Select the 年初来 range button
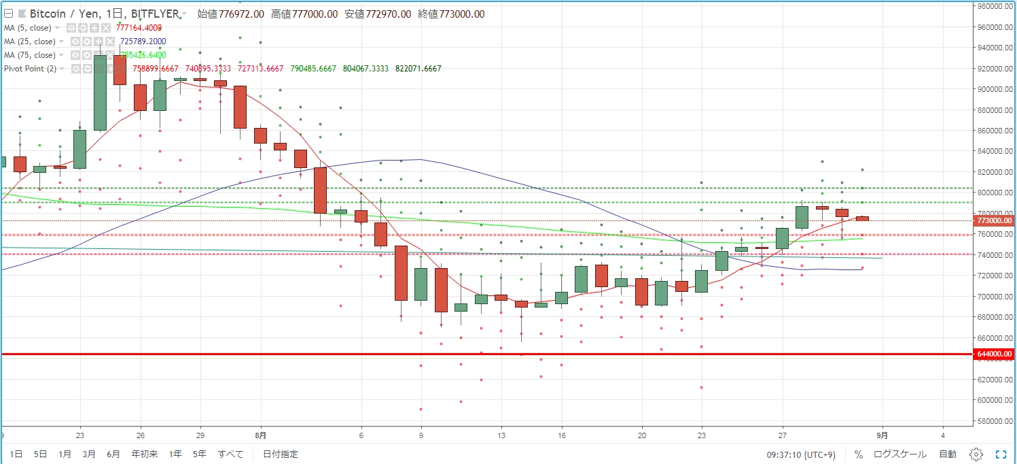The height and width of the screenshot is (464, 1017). coord(144,454)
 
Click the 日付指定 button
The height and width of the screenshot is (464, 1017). coord(280,454)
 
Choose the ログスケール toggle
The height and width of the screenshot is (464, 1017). coord(899,454)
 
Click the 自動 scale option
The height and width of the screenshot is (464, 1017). coord(948,454)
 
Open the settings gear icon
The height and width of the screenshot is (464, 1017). coord(976,454)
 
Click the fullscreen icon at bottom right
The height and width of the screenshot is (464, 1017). coord(1001,454)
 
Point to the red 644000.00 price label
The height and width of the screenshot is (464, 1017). coord(994,354)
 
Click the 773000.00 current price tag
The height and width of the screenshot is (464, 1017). coord(994,220)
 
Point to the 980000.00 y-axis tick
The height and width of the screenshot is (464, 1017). coord(995,6)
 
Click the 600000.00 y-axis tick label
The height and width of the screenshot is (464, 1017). coord(995,400)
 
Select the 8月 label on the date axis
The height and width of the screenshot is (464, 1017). coord(261,435)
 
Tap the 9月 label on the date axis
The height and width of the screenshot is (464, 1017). coord(882,435)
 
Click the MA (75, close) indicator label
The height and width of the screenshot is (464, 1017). coord(30,55)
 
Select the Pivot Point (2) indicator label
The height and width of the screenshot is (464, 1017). coord(31,69)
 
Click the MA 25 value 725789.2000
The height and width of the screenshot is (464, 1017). coord(143,42)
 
